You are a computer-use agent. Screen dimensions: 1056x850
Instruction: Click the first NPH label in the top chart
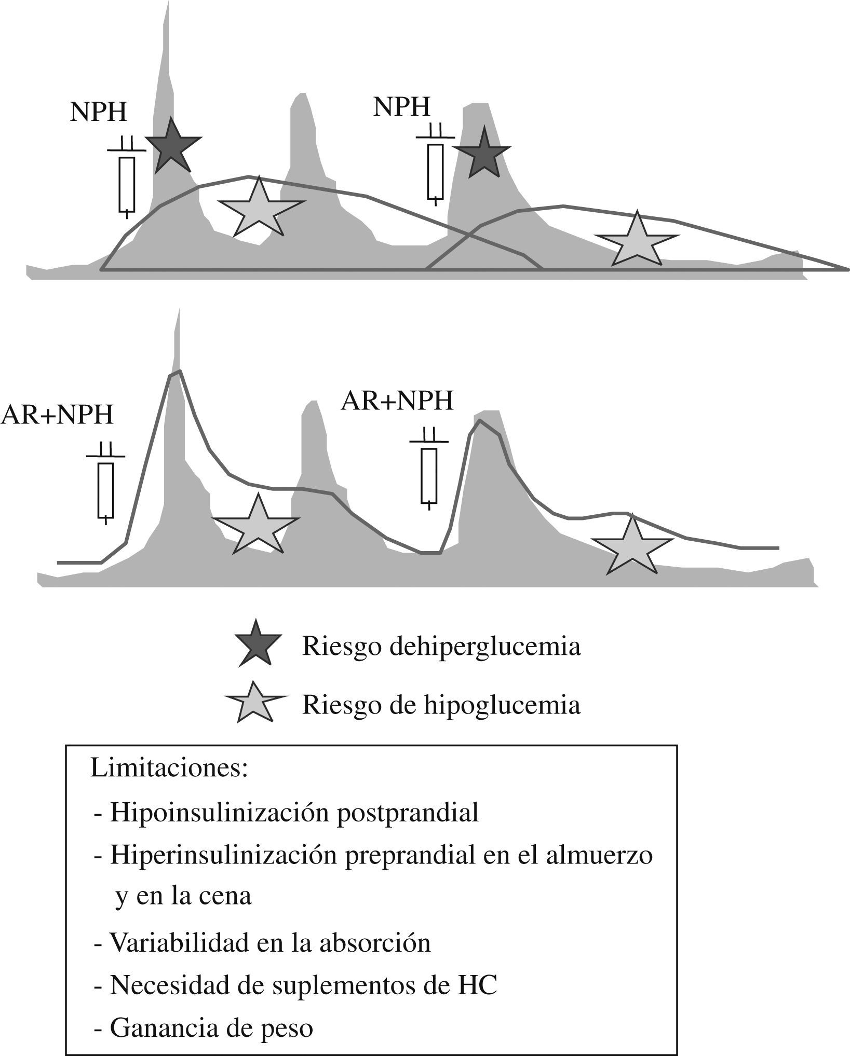tap(99, 112)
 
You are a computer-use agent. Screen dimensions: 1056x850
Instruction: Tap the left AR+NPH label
tap(57, 415)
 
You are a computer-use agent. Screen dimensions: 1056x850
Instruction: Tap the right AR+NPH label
tap(397, 401)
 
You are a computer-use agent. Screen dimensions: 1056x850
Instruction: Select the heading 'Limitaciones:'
tap(169, 769)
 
